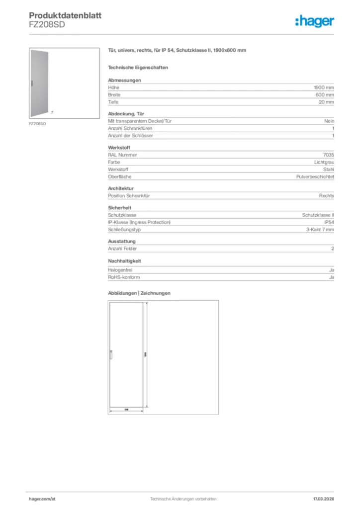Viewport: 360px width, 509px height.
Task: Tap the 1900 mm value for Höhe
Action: click(x=324, y=87)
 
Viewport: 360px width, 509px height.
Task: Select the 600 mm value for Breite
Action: click(x=325, y=94)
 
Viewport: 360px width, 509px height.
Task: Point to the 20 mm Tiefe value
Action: click(x=326, y=102)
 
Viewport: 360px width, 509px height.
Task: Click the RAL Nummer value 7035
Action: click(x=328, y=155)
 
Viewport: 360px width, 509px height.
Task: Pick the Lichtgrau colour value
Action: click(x=324, y=162)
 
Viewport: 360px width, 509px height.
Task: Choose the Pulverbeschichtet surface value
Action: click(x=315, y=176)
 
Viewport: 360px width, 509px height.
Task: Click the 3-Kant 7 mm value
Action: click(x=320, y=230)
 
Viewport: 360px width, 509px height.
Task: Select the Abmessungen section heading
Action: click(x=124, y=80)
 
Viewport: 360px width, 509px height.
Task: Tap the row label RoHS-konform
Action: click(x=124, y=277)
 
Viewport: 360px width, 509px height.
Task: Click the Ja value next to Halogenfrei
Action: click(x=331, y=270)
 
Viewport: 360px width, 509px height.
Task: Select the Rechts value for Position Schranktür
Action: click(x=326, y=196)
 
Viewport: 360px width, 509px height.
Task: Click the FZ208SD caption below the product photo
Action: click(x=37, y=123)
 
